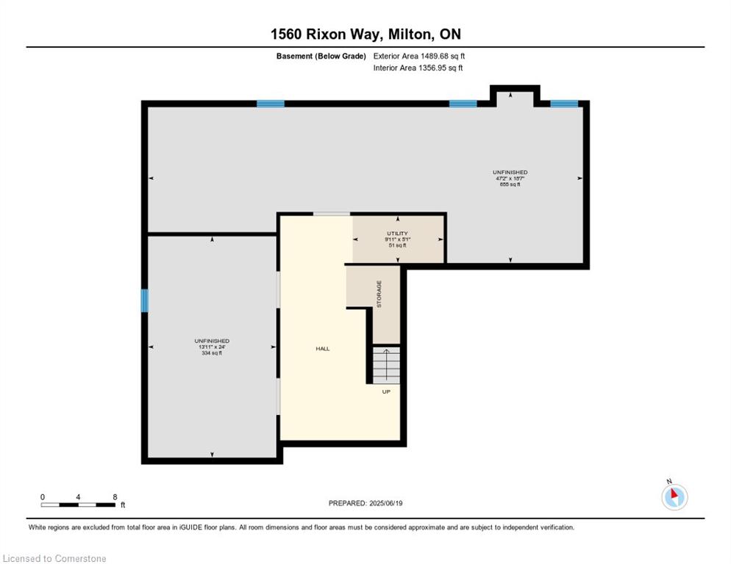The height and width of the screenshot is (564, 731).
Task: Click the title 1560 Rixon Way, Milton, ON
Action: click(x=365, y=34)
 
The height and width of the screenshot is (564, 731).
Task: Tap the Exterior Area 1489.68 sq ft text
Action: click(x=418, y=56)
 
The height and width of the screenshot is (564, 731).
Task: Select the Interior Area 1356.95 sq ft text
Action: click(x=417, y=68)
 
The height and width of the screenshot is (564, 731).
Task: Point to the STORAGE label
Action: click(x=379, y=294)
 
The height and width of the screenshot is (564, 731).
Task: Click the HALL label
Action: click(x=322, y=349)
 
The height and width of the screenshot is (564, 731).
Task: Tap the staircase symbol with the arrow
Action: click(x=385, y=364)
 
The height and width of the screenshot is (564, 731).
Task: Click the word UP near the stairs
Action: click(x=385, y=391)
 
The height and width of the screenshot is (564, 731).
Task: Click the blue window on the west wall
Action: click(x=145, y=300)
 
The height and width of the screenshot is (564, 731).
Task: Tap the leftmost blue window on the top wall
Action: click(x=270, y=104)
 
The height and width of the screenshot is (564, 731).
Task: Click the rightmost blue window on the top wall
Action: click(x=564, y=104)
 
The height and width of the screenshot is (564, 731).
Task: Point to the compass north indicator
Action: click(x=674, y=496)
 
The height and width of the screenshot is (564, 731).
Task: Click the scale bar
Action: click(x=78, y=505)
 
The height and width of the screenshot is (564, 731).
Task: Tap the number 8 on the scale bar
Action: click(x=115, y=496)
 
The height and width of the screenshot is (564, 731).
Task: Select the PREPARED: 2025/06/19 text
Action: click(x=365, y=503)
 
